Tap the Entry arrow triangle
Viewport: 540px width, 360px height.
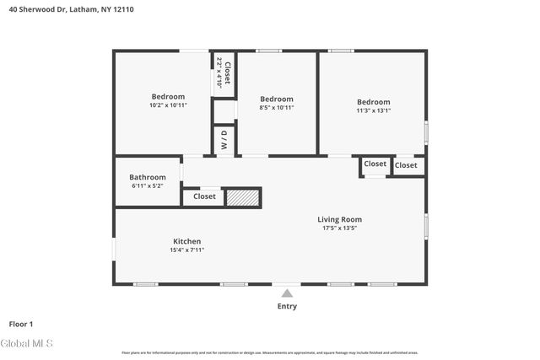point(287,293)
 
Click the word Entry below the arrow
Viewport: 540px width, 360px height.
point(287,306)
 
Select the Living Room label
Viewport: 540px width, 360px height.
point(340,219)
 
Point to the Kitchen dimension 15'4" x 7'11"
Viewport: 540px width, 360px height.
point(186,250)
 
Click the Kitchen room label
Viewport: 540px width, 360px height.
point(186,241)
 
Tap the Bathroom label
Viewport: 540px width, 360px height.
point(148,177)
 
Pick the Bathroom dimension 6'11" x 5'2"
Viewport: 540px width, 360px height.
point(148,185)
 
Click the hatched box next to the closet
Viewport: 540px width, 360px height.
point(242,197)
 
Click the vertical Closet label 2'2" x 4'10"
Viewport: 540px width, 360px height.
point(224,73)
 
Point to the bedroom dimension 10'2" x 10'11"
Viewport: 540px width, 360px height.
point(168,105)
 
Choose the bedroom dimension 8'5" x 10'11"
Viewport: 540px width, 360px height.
point(276,108)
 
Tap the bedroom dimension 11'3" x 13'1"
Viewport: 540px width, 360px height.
point(373,110)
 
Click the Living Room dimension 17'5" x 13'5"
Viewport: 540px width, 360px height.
point(340,228)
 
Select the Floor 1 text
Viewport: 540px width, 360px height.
point(20,323)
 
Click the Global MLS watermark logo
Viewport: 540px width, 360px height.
point(27,343)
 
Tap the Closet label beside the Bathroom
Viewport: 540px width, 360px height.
point(204,196)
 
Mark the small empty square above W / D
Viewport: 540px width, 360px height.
point(224,111)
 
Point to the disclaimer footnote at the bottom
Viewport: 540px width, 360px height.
point(270,352)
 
